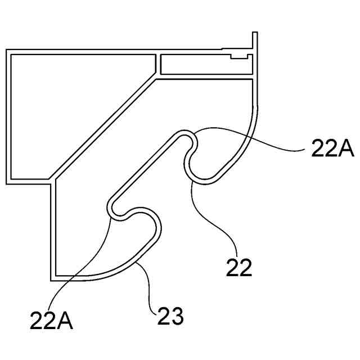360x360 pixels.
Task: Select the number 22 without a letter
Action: click(x=239, y=268)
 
